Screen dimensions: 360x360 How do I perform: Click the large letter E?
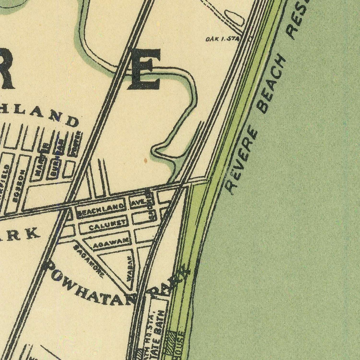click(144, 69)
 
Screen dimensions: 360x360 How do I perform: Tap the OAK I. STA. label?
click(222, 39)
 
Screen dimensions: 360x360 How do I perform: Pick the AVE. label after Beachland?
click(137, 203)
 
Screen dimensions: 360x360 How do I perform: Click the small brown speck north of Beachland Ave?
click(146, 160)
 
